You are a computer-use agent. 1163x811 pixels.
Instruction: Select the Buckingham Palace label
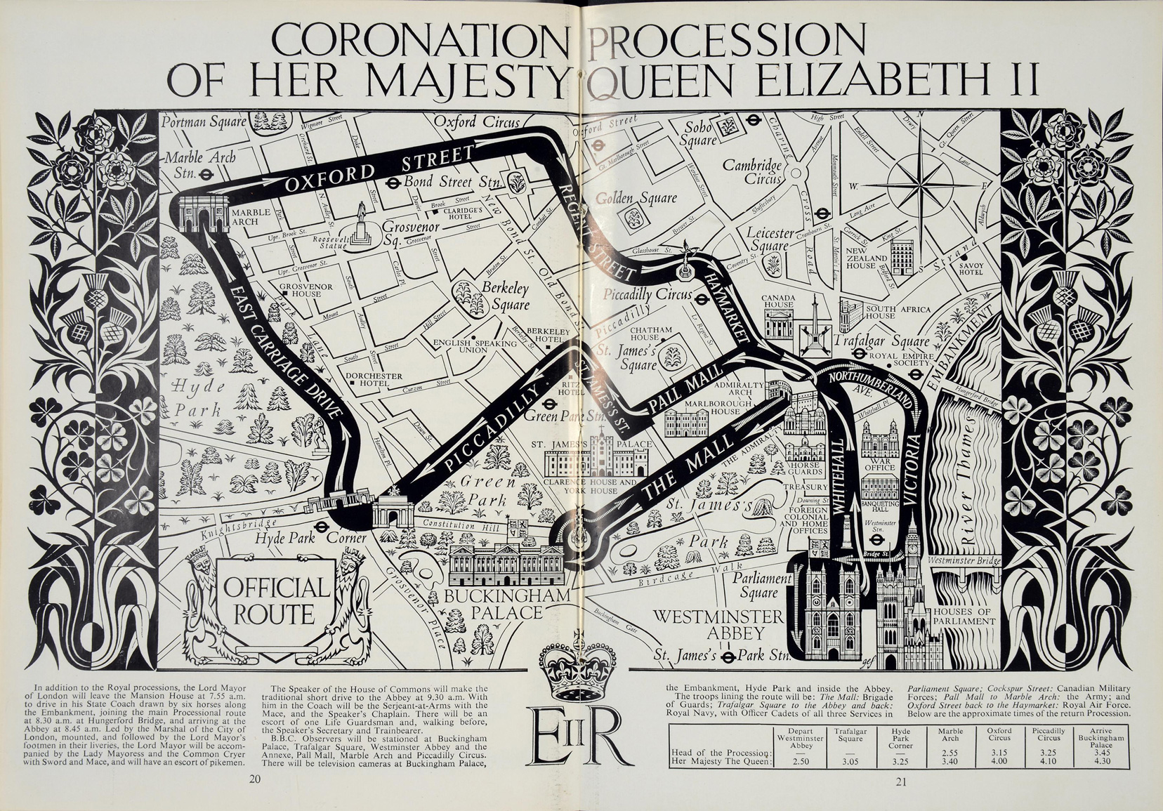pyautogui.click(x=494, y=604)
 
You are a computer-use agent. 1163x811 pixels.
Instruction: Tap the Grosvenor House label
pyautogui.click(x=301, y=290)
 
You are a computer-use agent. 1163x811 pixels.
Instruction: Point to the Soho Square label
pyautogui.click(x=699, y=133)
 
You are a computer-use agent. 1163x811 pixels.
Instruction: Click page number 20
pyautogui.click(x=254, y=779)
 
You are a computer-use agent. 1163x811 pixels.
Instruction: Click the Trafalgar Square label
pyautogui.click(x=881, y=341)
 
